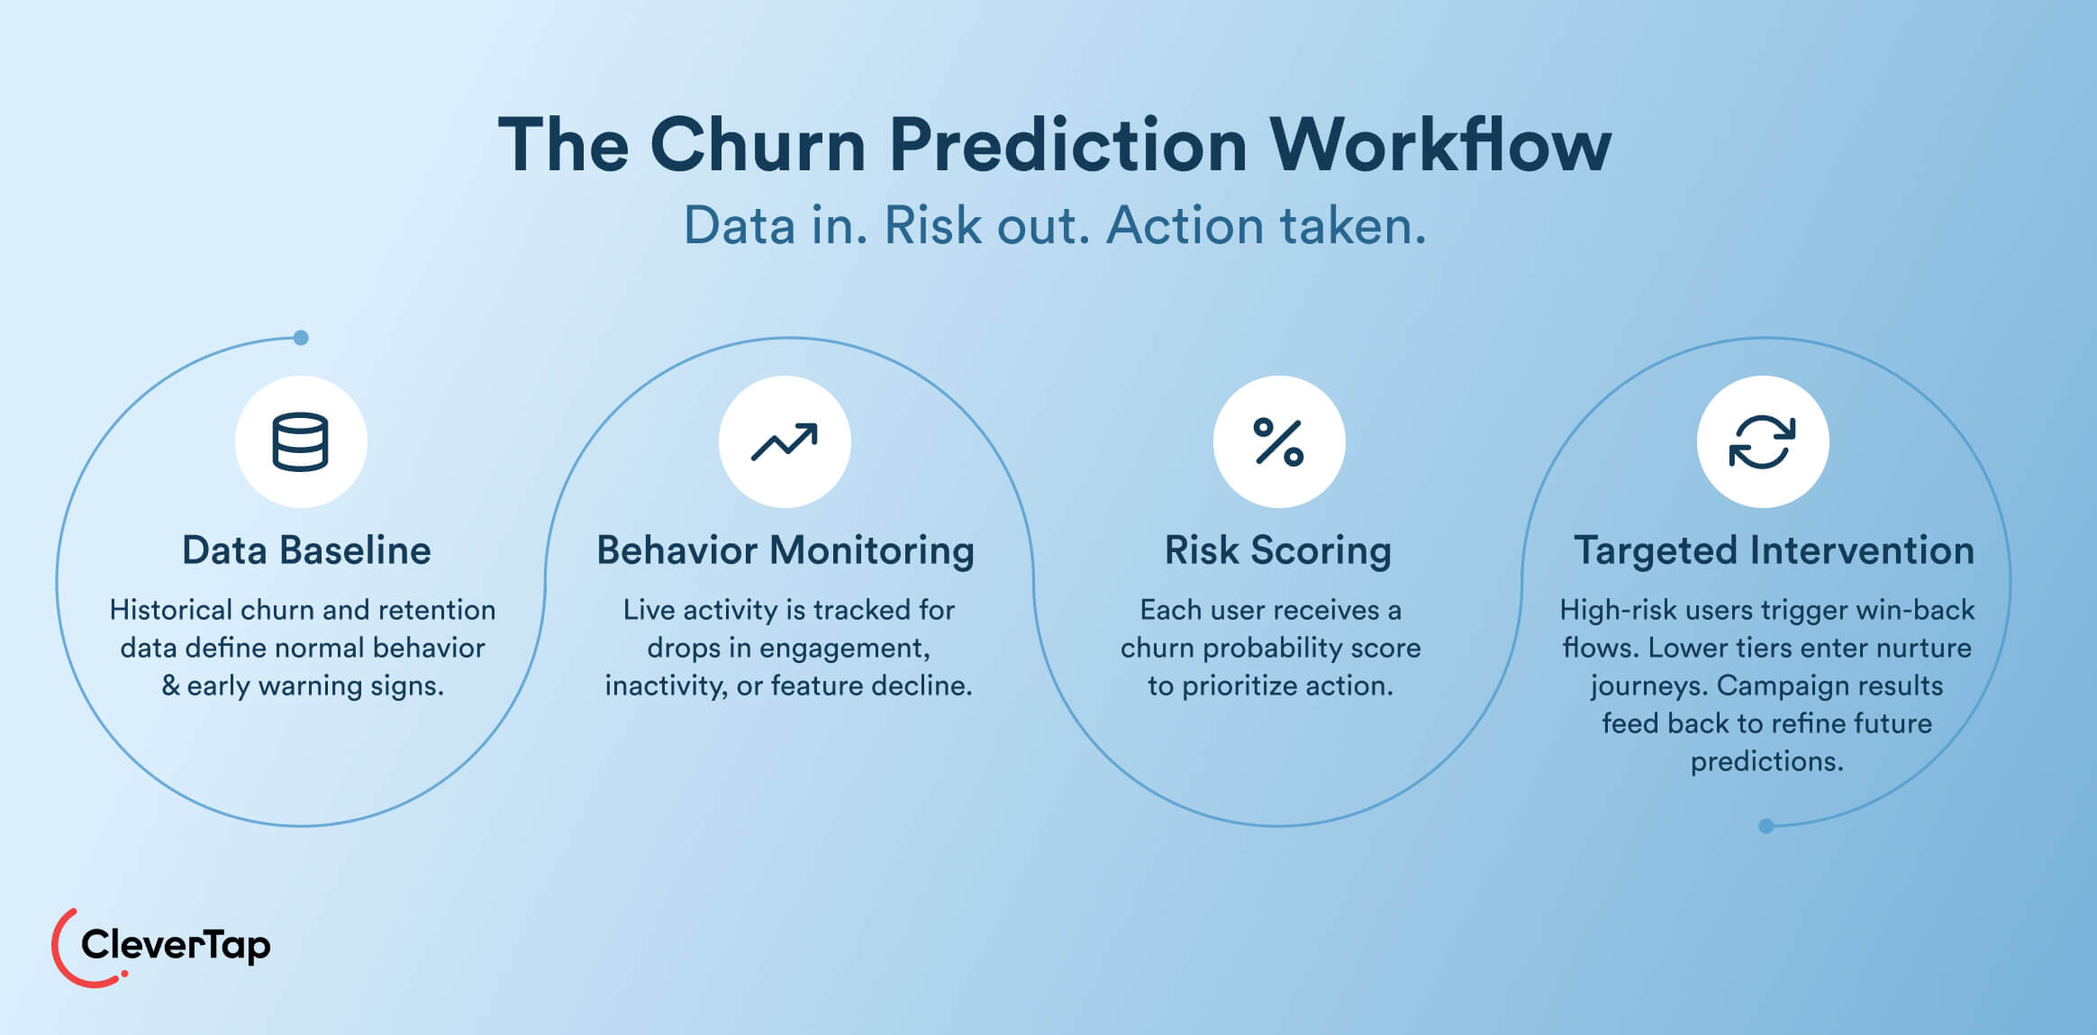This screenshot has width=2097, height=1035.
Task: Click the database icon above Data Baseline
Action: (x=300, y=441)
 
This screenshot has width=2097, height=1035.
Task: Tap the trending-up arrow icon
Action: (x=785, y=441)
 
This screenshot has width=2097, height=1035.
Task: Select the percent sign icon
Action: (x=1278, y=441)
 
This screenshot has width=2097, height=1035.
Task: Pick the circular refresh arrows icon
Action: (x=1762, y=441)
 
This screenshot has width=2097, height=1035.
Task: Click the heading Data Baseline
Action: (x=306, y=550)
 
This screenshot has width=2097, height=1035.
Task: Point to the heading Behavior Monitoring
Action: (x=785, y=550)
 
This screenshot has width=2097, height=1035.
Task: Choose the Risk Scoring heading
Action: (x=1277, y=550)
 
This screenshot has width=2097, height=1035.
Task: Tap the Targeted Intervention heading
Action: (x=1774, y=550)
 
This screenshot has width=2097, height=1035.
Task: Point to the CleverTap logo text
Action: (x=176, y=945)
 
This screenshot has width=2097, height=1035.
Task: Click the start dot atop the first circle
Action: (x=301, y=338)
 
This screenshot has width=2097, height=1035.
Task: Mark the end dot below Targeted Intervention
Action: (x=1766, y=826)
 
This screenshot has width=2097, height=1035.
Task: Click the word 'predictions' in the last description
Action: (x=1766, y=761)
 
